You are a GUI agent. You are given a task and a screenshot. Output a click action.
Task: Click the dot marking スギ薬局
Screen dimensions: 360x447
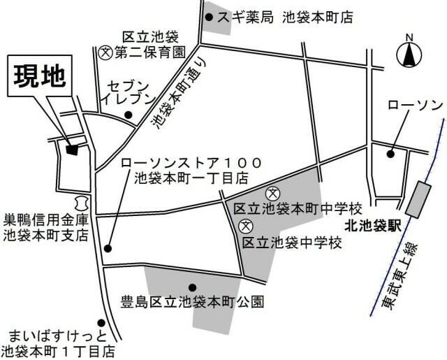(x=207, y=16)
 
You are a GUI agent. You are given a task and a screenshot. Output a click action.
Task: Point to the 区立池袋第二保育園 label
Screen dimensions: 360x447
(x=151, y=44)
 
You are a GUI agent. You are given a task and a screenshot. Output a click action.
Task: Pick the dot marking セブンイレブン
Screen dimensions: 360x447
(x=128, y=115)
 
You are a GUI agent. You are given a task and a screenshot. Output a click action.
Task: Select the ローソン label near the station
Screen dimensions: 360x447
(x=415, y=105)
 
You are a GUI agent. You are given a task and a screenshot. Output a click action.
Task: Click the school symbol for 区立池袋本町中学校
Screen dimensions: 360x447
(x=273, y=193)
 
